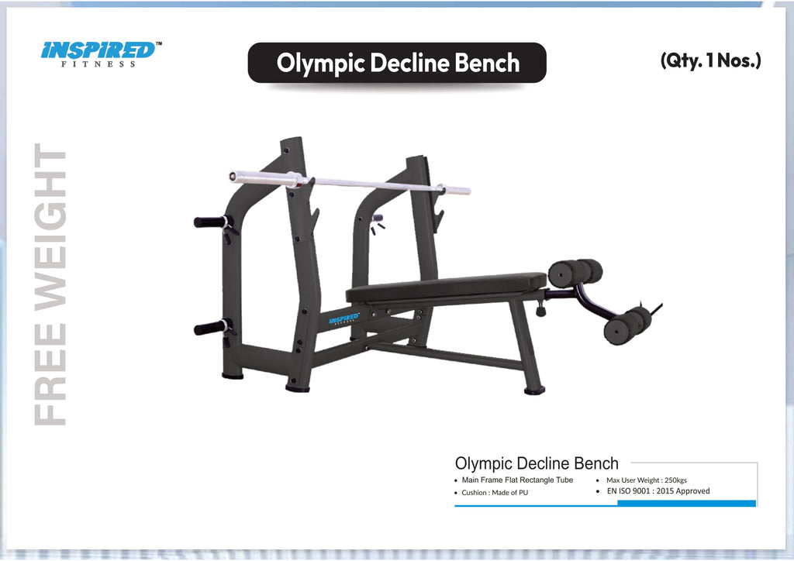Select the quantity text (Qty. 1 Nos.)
tap(710, 60)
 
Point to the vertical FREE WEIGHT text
tap(52, 284)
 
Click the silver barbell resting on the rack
tap(349, 183)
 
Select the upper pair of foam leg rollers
tap(574, 273)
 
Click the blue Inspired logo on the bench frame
tap(344, 318)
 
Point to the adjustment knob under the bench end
tap(540, 311)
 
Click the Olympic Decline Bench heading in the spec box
tap(537, 464)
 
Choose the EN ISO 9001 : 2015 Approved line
tap(658, 491)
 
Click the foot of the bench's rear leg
tap(534, 391)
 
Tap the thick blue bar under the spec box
tap(685, 504)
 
